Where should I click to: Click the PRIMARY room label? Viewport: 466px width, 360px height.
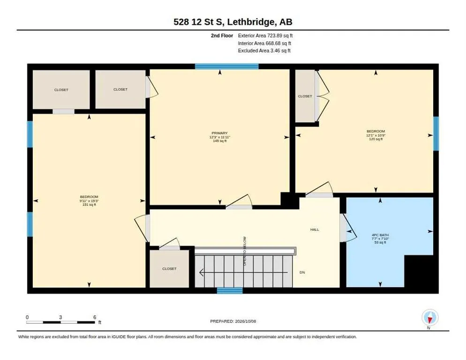219,133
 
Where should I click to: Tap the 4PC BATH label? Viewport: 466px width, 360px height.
380,235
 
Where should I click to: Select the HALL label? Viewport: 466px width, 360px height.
315,230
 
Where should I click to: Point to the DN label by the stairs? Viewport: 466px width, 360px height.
302,272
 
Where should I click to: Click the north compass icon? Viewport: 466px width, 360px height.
430,318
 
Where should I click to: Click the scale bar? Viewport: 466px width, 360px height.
60,322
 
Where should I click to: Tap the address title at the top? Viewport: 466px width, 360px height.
233,22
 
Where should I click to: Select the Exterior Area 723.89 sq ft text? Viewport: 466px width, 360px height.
265,36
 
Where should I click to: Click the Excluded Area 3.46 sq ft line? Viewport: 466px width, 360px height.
264,51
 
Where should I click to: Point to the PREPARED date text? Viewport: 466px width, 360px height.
233,321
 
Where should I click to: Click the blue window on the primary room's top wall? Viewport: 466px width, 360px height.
227,66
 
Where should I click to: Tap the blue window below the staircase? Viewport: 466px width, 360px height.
230,291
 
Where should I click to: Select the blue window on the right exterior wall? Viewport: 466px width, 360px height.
436,134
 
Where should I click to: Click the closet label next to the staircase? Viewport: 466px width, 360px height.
169,269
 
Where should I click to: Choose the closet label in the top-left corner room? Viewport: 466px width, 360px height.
61,90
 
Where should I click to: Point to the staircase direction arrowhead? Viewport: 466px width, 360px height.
201,272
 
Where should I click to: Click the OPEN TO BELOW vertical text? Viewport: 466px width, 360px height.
245,251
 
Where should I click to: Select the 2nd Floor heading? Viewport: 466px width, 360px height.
222,36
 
